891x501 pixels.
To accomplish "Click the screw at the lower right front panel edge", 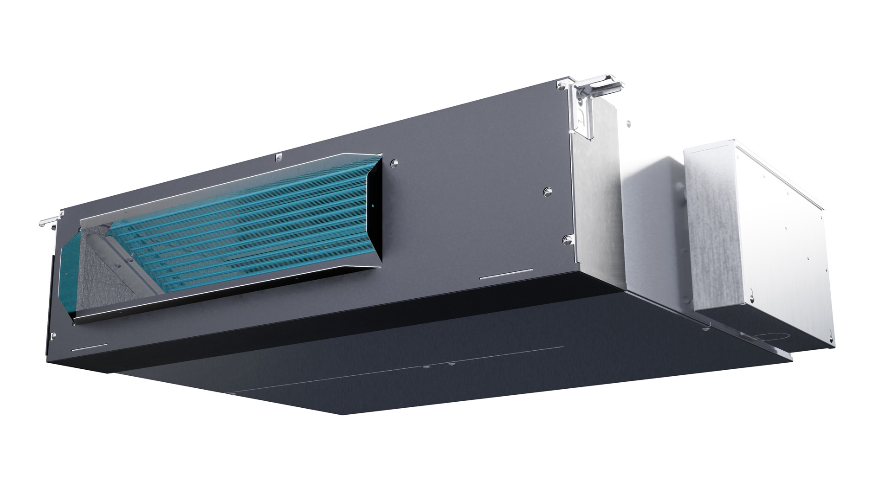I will [x=567, y=239].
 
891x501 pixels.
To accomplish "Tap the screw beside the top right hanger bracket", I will [x=562, y=85].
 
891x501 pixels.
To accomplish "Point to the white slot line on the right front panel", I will [x=506, y=275].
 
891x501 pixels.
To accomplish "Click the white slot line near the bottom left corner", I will [x=90, y=347].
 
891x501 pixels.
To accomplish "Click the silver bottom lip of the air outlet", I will [x=223, y=297].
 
